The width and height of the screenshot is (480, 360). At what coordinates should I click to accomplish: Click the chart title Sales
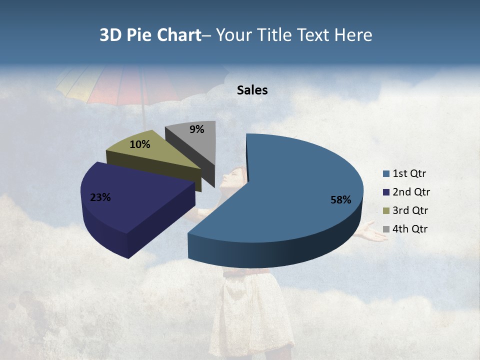252,90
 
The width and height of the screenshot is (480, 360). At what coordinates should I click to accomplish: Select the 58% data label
340,200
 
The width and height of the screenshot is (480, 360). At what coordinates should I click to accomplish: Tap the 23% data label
100,197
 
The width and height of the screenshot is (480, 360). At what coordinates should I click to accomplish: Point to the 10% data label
139,144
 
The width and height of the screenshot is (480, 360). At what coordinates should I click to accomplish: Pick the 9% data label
197,129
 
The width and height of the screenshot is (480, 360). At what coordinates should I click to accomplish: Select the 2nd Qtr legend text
411,192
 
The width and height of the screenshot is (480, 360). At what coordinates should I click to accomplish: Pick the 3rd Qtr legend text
410,210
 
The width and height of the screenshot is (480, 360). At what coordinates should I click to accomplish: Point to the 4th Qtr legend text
411,229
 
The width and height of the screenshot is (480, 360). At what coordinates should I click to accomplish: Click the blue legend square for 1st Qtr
386,174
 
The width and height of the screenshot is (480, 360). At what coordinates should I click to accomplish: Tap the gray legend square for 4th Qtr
386,229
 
